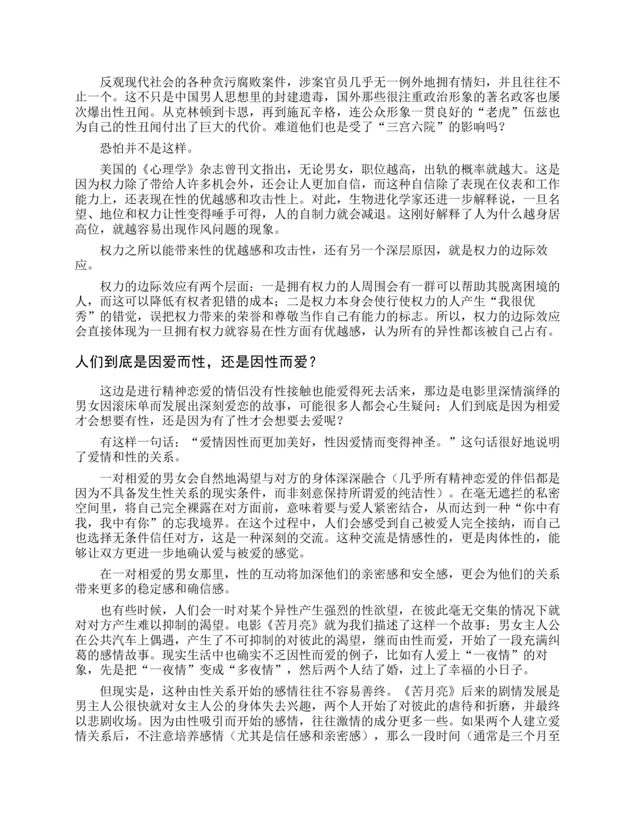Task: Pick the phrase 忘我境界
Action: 205,522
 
